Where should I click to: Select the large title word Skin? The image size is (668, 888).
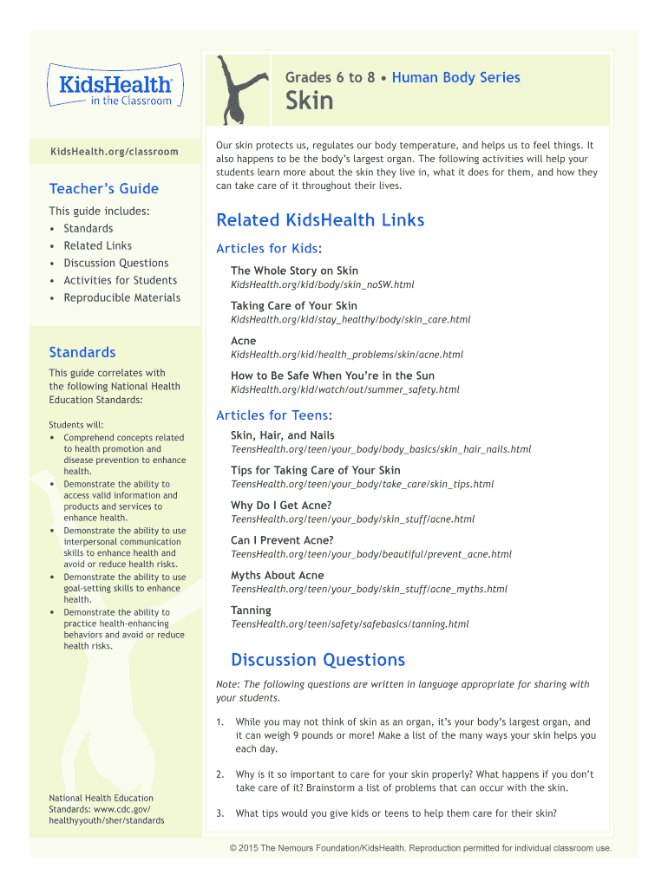(310, 101)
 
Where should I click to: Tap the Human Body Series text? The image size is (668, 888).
(456, 77)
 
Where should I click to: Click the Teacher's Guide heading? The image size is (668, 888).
(104, 188)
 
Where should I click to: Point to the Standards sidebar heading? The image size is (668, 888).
(82, 352)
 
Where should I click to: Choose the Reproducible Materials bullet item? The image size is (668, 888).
(121, 297)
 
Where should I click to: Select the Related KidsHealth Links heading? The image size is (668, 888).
(320, 220)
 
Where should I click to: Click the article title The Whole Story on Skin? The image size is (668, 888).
(294, 271)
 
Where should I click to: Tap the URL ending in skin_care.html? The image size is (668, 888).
(350, 319)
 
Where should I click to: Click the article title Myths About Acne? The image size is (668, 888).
(277, 575)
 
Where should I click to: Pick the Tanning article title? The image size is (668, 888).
(251, 610)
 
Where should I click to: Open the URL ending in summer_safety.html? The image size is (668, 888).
(345, 389)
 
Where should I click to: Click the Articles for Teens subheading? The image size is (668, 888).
(274, 415)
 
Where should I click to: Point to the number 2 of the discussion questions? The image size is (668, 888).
(220, 774)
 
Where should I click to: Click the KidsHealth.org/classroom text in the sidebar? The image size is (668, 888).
(114, 152)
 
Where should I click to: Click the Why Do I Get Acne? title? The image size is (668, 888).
(281, 505)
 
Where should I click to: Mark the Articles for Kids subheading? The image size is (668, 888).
(269, 249)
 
